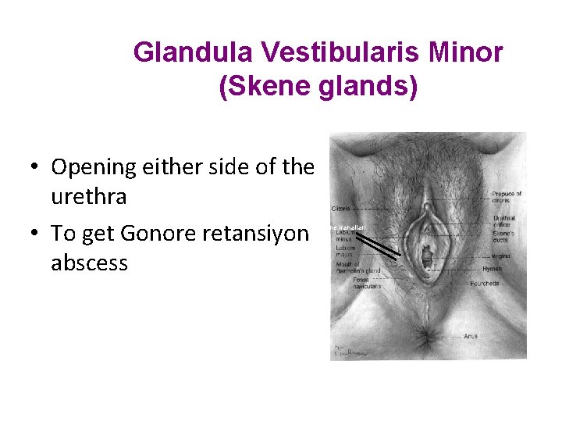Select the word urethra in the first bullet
click(x=88, y=196)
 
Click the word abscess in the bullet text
click(x=89, y=263)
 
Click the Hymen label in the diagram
click(x=492, y=269)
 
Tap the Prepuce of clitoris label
click(x=506, y=198)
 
